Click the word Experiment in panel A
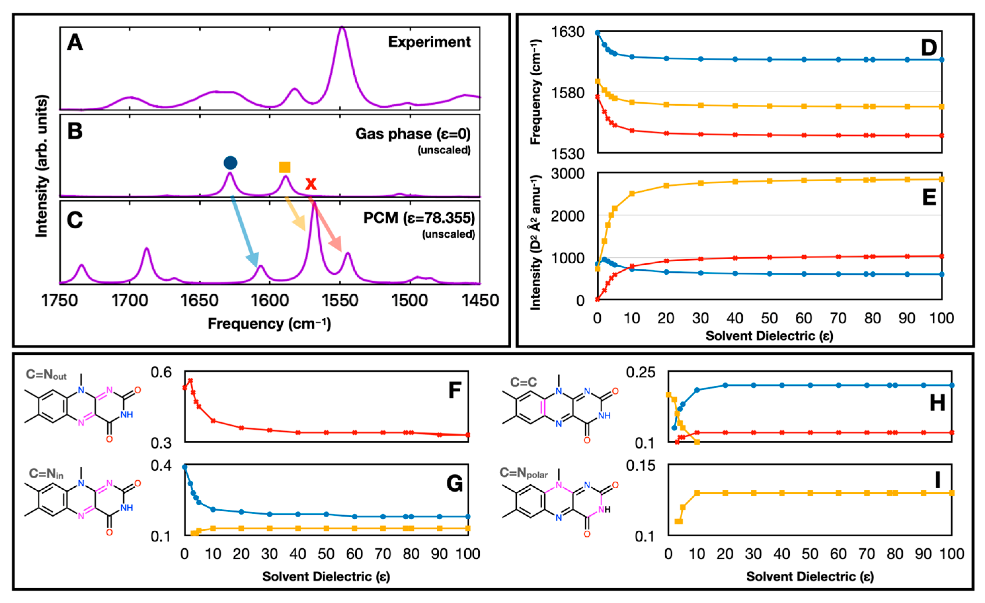(429, 42)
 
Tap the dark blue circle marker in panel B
(230, 163)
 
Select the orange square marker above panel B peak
(285, 167)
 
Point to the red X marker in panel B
(311, 184)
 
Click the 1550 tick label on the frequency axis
(340, 301)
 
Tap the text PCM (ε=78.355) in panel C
(419, 218)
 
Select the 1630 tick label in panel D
(568, 32)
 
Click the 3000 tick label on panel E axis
(568, 174)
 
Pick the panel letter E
(929, 197)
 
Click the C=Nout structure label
(46, 375)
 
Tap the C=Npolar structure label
(523, 473)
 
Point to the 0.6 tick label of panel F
(161, 372)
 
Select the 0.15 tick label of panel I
(641, 465)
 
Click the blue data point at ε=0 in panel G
(185, 467)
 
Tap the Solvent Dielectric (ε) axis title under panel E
(769, 336)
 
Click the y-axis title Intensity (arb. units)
(42, 166)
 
